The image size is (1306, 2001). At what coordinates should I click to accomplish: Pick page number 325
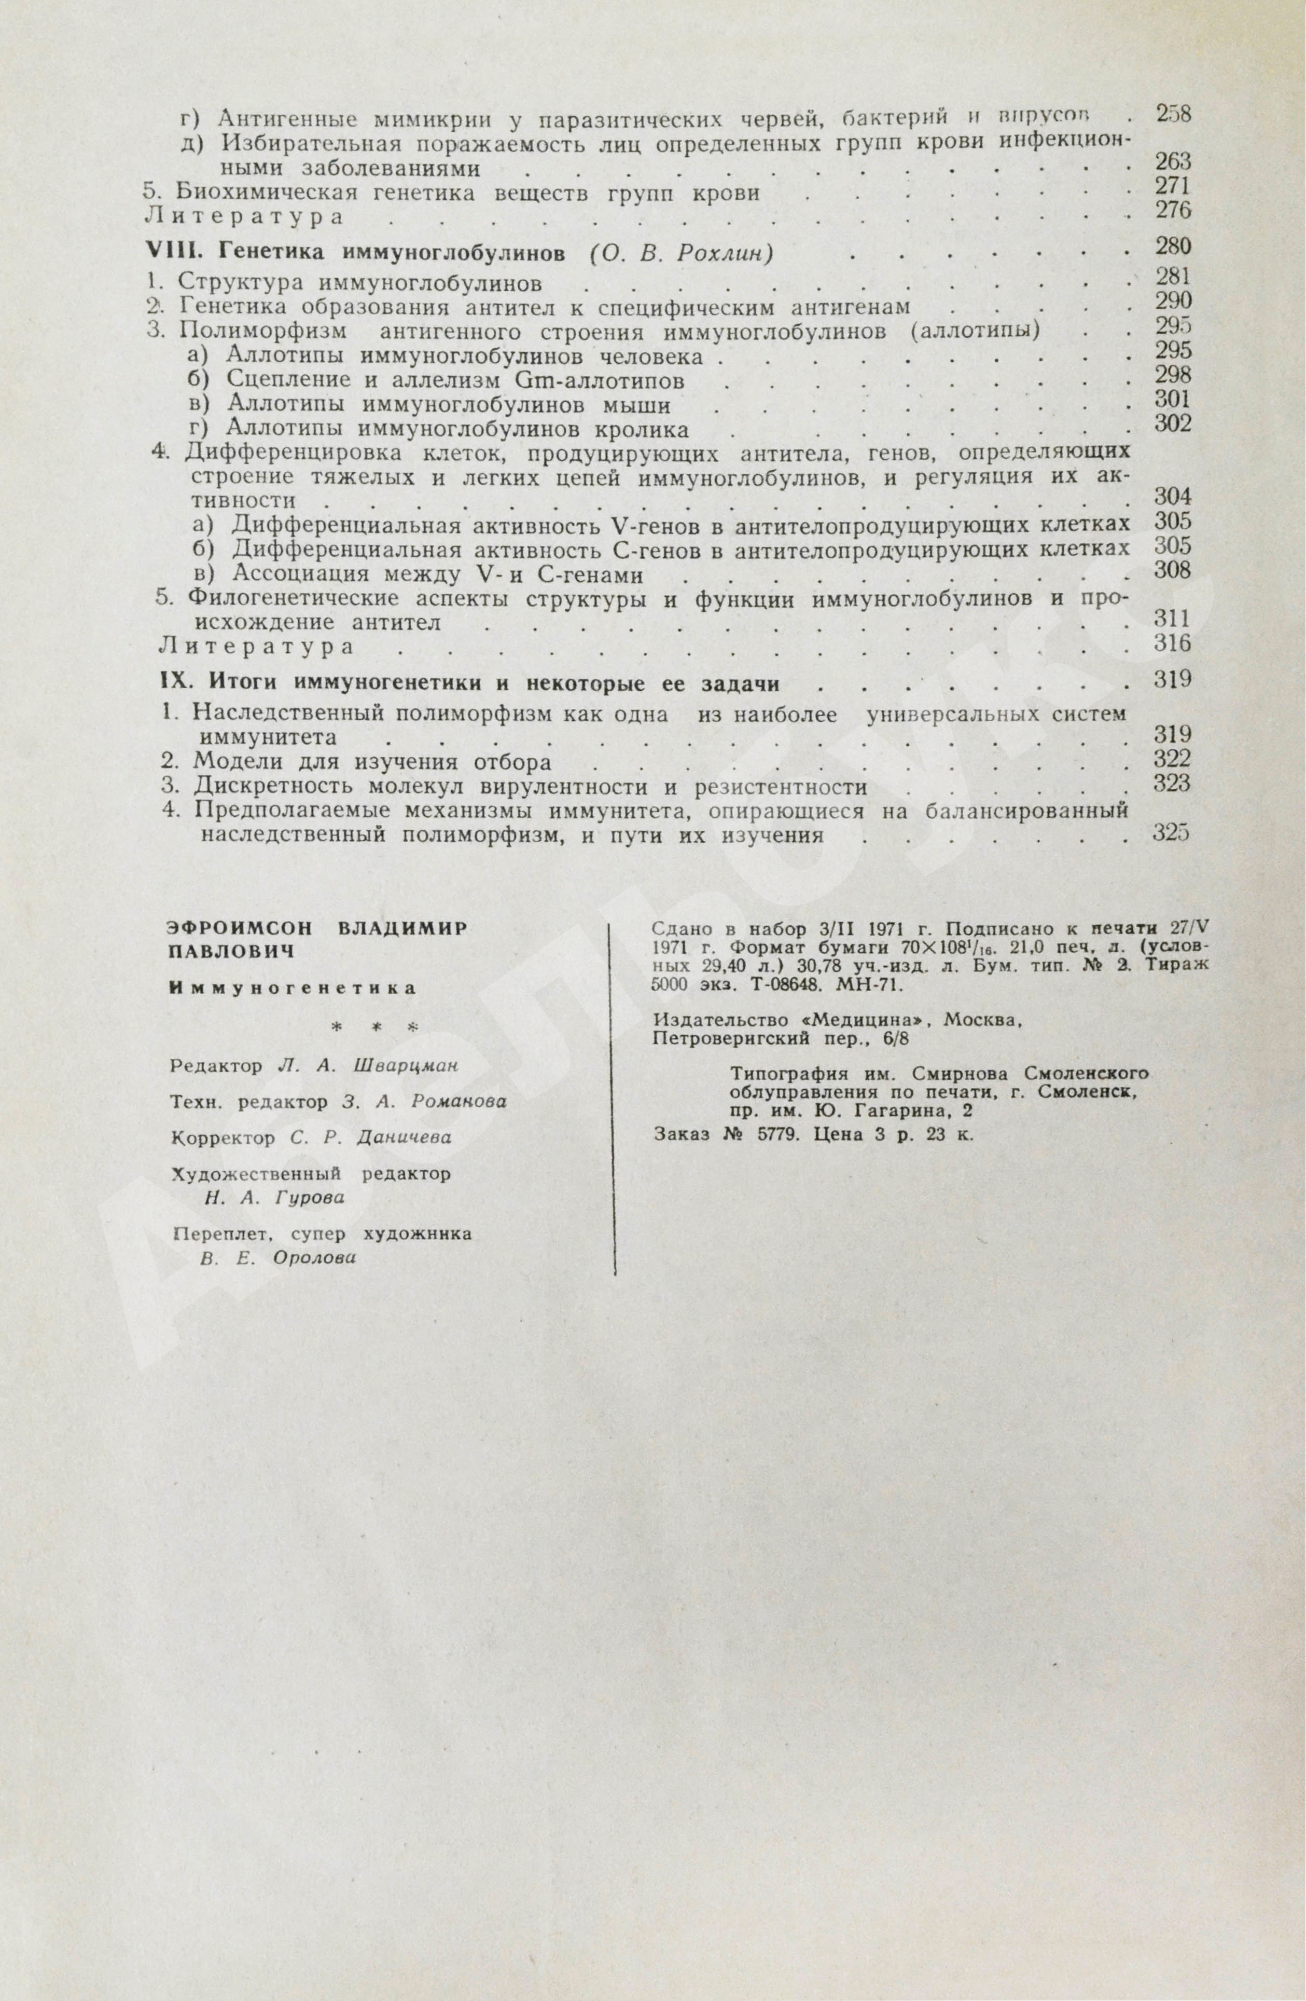coord(1172,832)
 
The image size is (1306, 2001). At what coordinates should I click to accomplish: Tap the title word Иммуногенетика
coord(293,989)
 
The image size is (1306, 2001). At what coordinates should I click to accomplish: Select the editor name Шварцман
coord(406,1066)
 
